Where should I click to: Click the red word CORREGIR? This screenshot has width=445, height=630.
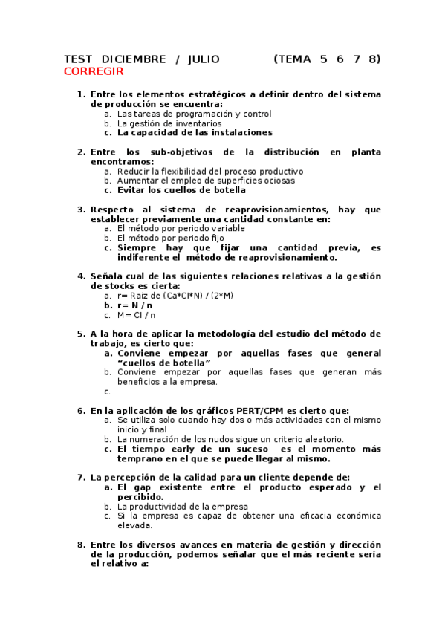coord(94,71)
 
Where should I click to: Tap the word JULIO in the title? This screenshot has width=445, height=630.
coord(204,59)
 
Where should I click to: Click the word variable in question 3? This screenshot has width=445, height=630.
coord(224,229)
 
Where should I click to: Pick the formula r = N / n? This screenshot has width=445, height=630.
coord(134,305)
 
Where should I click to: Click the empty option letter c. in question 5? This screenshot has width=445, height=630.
coord(107,392)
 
